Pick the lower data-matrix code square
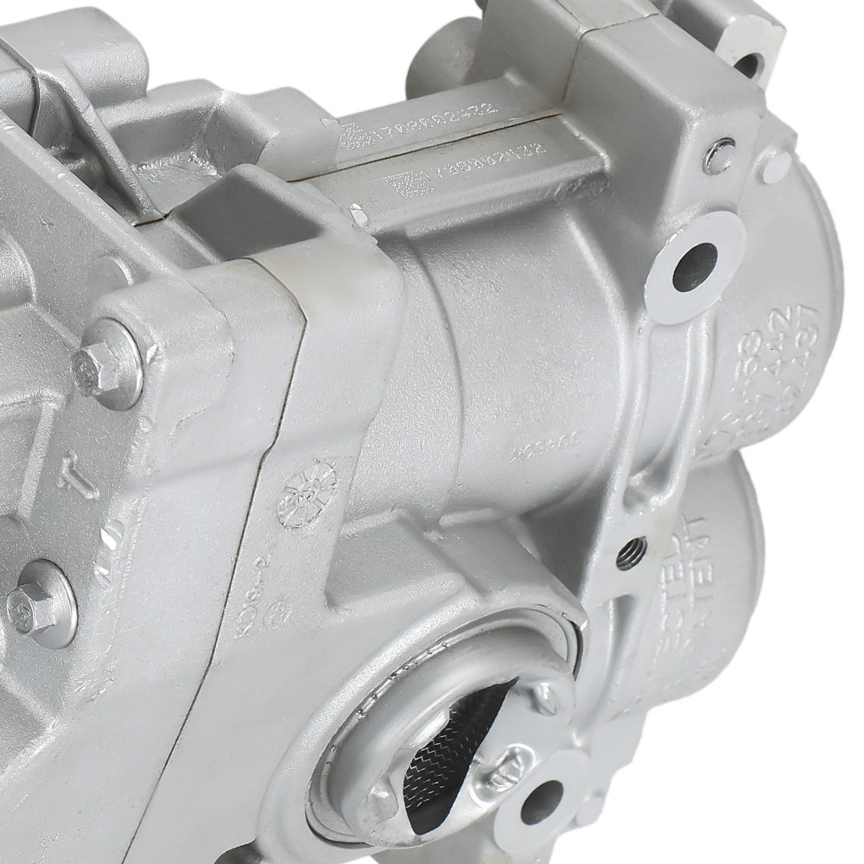(398, 185)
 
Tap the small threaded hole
(632, 551)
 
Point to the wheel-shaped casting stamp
(307, 492)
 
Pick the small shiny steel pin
(719, 156)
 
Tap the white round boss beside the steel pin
(775, 167)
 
